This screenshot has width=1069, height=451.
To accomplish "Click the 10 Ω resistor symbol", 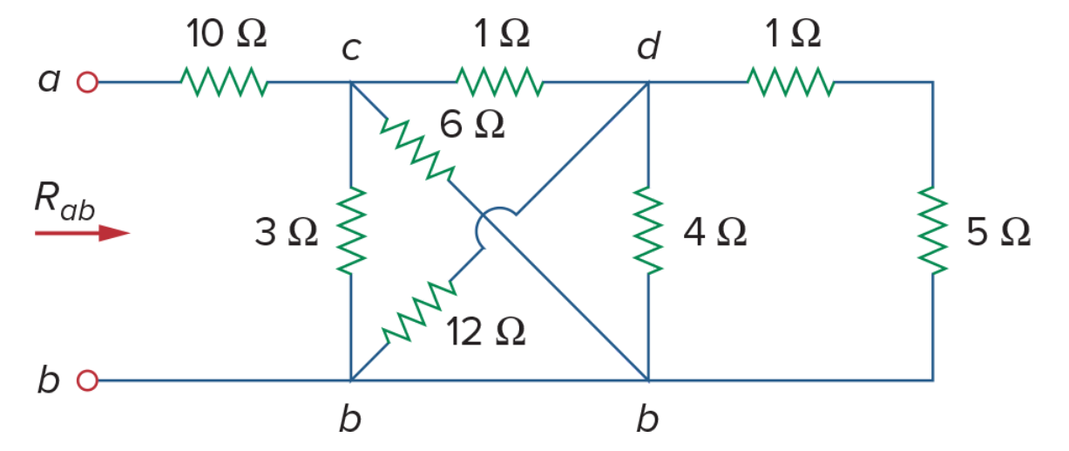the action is pos(224,82).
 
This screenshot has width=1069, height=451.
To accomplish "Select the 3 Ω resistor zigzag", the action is pos(351,231).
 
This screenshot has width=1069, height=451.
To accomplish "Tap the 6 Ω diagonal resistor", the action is pos(417,150).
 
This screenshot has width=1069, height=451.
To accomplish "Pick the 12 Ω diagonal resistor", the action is pos(419,311).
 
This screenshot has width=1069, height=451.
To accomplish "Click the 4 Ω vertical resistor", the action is pos(648,231).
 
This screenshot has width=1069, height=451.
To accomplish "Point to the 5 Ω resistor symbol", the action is pos(932,231).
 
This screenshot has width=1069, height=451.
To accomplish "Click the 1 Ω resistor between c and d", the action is pos(500,82).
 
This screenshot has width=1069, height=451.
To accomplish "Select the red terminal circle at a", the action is pos(87,82).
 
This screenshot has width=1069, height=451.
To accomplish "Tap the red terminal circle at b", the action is pos(87,380).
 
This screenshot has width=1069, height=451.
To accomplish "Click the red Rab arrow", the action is pos(82,233).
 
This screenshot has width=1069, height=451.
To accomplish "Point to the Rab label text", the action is pos(64,202).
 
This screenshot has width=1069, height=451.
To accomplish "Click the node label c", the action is pos(351,49).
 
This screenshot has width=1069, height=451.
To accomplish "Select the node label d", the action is pos(649,46).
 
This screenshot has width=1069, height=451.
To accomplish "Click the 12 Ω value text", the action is pos(486,331).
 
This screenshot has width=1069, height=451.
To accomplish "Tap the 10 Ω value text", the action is pos(227,33).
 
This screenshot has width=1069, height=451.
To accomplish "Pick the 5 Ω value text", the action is pos(998,232).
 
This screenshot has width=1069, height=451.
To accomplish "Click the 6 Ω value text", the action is pos(472,124).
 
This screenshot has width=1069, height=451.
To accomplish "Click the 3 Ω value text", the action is pos(287,232).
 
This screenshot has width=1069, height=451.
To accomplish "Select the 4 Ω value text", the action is pos(715,232).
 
